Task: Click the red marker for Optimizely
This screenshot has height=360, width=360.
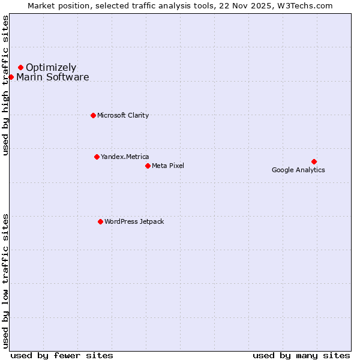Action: coord(20,67)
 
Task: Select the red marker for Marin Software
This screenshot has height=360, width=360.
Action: coord(11,77)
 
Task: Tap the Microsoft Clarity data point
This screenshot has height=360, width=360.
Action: coord(93,115)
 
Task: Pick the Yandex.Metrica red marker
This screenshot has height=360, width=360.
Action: coord(97,157)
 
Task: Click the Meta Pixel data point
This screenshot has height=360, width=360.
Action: coord(148,166)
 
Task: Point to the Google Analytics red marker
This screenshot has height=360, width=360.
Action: coord(314,161)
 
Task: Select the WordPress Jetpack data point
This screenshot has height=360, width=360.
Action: coord(100,221)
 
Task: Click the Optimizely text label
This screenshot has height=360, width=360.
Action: coord(51,68)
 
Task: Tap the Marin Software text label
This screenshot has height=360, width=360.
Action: coord(53,77)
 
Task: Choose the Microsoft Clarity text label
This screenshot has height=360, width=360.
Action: coord(123,116)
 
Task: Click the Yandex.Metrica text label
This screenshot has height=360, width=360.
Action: coord(125,157)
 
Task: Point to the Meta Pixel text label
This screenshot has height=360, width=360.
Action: coord(168,166)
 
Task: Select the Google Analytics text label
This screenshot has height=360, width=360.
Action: coord(298,170)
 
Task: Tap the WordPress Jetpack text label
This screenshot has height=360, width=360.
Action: coord(134,222)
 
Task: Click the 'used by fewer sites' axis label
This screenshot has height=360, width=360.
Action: coord(62,355)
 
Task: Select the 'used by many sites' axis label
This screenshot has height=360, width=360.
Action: coord(301,355)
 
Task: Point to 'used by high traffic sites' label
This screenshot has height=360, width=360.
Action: coord(6,85)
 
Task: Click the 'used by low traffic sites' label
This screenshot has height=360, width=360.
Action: coord(6,281)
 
